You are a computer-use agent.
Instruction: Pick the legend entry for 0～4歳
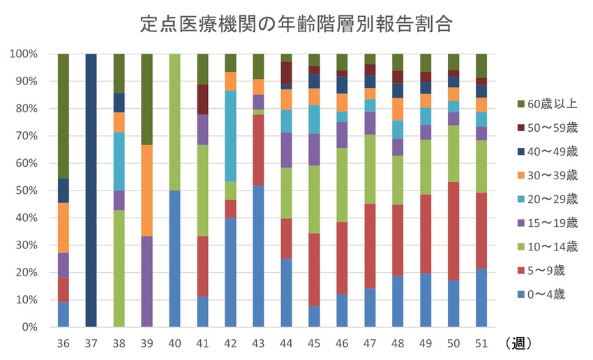coord(540,294)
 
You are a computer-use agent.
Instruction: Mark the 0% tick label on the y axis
coord(31,327)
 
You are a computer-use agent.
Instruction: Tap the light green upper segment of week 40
coord(175,122)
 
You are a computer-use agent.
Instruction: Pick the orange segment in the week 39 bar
coord(147,190)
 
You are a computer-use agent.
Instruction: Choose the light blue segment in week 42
coord(231,136)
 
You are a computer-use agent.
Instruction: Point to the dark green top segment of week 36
coord(63,116)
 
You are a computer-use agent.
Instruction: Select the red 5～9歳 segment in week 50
coord(453,231)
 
